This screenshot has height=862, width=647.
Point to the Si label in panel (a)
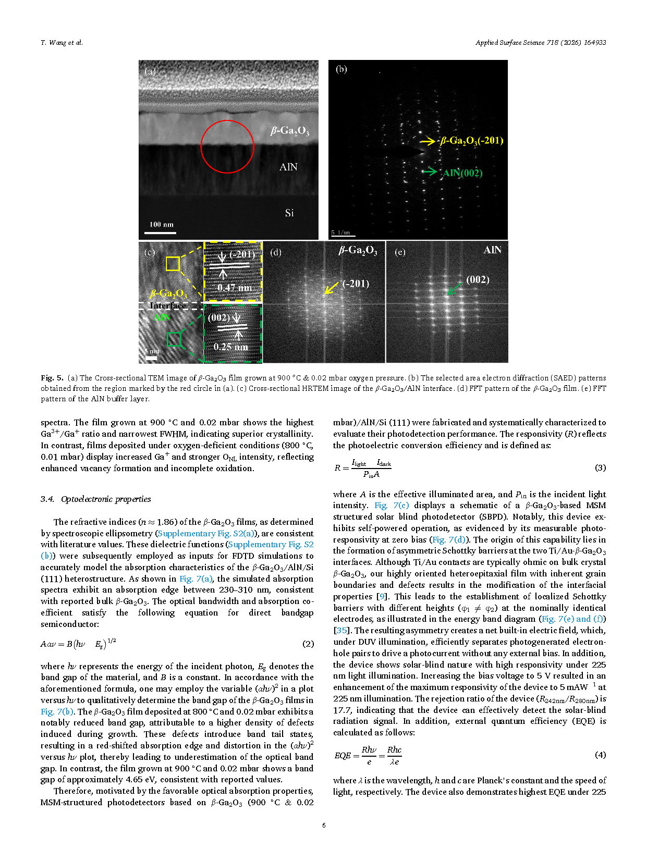coord(289,213)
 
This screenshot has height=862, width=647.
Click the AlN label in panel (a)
coord(288,167)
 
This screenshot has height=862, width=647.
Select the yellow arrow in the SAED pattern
coord(428,141)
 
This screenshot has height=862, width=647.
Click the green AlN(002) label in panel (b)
coord(462,173)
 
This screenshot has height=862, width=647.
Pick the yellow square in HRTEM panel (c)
coord(173,264)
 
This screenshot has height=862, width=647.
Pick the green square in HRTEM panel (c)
coord(173,339)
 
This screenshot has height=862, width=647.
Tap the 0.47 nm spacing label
coord(234,288)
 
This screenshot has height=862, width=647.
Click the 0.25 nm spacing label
coord(230,347)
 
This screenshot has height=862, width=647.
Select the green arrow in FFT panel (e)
coord(455,288)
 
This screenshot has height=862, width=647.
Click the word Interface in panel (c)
coord(167,305)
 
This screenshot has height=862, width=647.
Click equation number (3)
coord(600,467)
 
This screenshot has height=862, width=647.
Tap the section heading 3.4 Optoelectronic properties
coord(96,499)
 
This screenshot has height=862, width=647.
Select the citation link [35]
coord(341,631)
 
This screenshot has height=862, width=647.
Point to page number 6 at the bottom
coord(324,825)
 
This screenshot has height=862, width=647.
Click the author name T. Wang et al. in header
coord(62,43)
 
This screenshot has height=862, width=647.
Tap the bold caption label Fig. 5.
coord(52,378)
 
